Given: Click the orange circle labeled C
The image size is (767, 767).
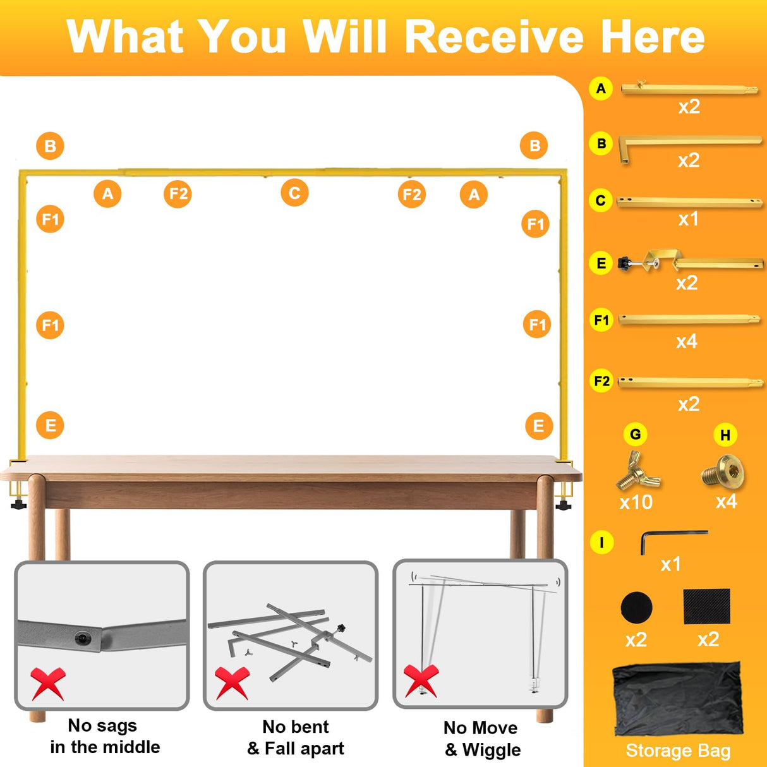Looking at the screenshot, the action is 294,193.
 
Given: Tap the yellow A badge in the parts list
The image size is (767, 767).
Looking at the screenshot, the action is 601,88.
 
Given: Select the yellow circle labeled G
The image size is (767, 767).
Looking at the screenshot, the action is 635,434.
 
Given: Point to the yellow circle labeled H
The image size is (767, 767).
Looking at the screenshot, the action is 725,435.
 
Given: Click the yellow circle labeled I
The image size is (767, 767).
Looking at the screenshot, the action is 601,543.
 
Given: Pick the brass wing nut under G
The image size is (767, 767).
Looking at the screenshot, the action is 637,471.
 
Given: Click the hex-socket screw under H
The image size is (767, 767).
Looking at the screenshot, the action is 722,471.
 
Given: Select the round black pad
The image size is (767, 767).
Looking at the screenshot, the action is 636,607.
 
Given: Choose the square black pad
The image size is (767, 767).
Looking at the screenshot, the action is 706,606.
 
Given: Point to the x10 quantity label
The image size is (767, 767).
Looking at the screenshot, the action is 636,502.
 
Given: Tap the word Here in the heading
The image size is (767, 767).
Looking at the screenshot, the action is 653,36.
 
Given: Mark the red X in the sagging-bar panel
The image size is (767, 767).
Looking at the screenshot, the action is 48,684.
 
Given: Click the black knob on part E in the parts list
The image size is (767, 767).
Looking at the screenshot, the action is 625,263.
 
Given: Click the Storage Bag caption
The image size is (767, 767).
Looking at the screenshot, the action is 678,751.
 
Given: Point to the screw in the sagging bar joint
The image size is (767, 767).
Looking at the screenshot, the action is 82,638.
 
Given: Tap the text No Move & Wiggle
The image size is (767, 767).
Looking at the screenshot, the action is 482,739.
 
